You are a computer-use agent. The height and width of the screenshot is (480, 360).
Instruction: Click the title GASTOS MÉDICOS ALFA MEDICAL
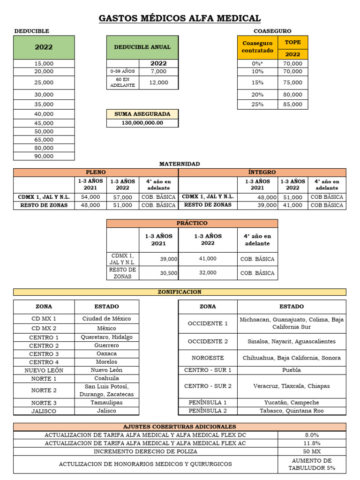180,18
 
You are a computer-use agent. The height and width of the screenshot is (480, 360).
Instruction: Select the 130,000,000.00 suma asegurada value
142,123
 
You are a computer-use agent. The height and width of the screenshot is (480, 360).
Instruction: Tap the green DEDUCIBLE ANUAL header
142,47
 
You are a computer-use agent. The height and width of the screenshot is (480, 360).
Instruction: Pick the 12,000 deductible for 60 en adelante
158,82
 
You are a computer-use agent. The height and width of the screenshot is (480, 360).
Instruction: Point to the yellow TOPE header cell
293,42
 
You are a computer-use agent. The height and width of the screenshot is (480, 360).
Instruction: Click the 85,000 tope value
293,105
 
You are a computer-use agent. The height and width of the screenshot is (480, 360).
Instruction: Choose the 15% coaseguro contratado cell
257,82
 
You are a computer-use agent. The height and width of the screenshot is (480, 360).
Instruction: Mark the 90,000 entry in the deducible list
44,156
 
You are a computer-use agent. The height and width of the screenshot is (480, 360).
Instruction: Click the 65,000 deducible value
44,140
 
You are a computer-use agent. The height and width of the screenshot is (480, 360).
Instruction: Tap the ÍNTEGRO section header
262,172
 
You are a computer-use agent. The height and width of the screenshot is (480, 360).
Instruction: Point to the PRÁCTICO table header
192,223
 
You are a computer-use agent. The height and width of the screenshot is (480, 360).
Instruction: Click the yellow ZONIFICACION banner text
180,292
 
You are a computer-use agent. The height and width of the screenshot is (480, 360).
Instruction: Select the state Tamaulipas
106,403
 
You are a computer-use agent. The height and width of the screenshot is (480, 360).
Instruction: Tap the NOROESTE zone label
208,358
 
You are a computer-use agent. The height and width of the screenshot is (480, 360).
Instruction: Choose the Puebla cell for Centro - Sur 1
292,370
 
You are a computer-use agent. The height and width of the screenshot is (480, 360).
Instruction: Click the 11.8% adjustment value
312,443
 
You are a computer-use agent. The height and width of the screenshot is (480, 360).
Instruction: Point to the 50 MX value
312,451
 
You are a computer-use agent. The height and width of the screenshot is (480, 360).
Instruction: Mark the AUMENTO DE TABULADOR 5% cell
312,465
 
